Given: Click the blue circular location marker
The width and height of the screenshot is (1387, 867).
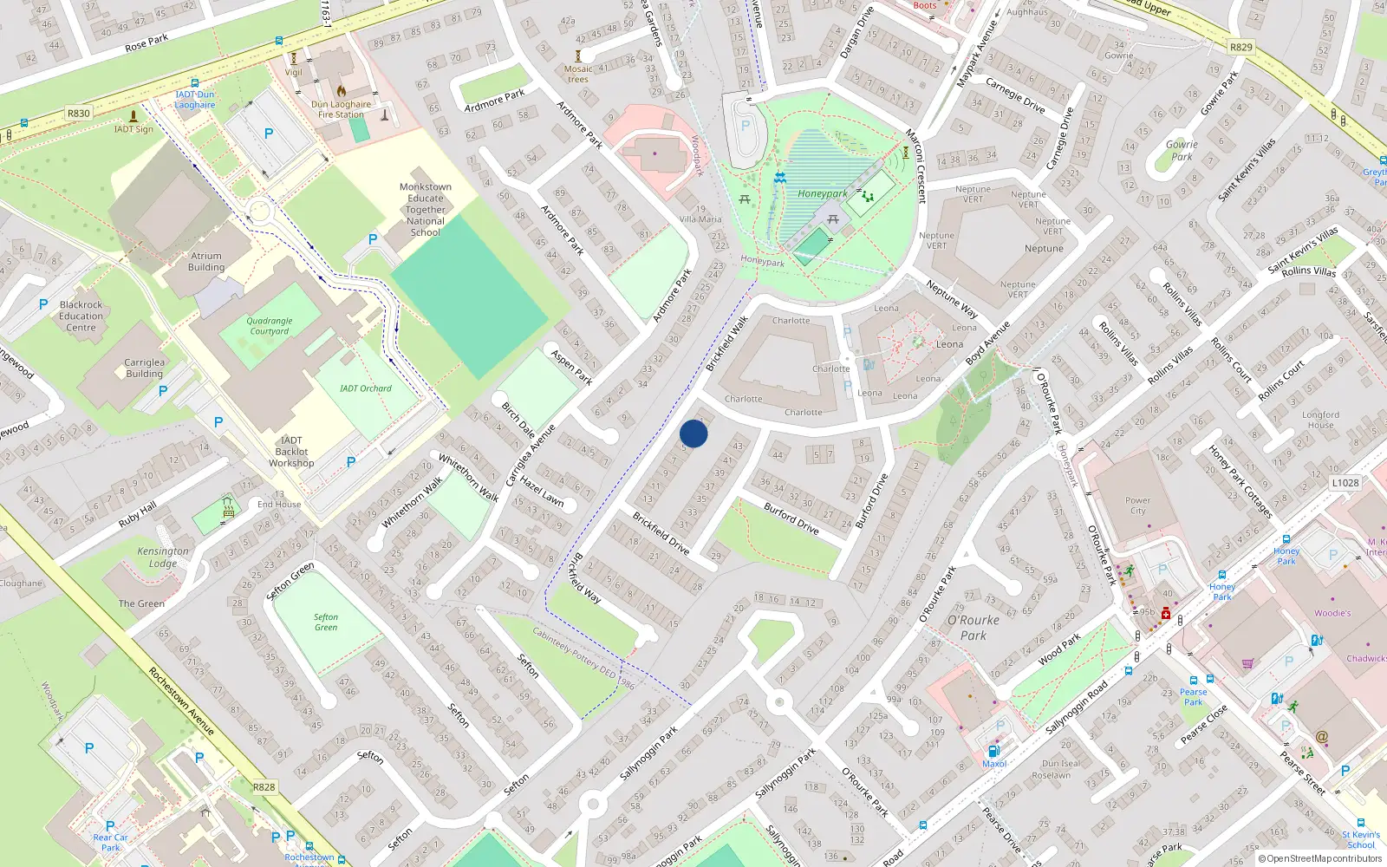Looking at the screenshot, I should point(693,433).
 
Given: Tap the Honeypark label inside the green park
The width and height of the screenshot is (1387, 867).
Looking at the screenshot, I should point(822,194).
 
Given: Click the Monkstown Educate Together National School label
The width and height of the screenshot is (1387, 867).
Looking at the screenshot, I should point(426,210).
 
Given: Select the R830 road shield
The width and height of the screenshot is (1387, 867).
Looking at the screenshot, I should point(78,114).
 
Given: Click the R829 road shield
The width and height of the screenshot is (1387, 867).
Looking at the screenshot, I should point(1240,47).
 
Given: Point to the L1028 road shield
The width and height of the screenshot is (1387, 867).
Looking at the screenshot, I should point(1345,483).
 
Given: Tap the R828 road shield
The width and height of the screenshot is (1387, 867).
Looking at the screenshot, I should point(264,787).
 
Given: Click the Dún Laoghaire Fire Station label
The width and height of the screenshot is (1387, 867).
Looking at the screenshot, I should point(342,109).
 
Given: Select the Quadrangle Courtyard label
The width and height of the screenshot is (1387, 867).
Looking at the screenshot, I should point(270,326).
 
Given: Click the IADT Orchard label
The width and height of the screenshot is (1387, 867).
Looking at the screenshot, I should point(365,388).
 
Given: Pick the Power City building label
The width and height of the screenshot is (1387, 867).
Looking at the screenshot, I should point(1137,505).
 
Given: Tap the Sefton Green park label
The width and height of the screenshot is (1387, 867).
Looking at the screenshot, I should point(326,623).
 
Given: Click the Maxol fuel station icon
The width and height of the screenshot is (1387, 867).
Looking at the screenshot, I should point(993,751).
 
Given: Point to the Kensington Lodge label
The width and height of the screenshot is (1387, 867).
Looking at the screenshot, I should point(162,557).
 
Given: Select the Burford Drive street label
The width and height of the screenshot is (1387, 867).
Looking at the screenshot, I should point(791,518).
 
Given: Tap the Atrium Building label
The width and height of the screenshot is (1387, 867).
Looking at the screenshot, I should point(206,262).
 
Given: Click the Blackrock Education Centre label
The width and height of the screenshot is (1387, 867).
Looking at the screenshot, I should point(81,316).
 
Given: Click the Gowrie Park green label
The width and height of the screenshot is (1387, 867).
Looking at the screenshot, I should point(1181,151).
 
